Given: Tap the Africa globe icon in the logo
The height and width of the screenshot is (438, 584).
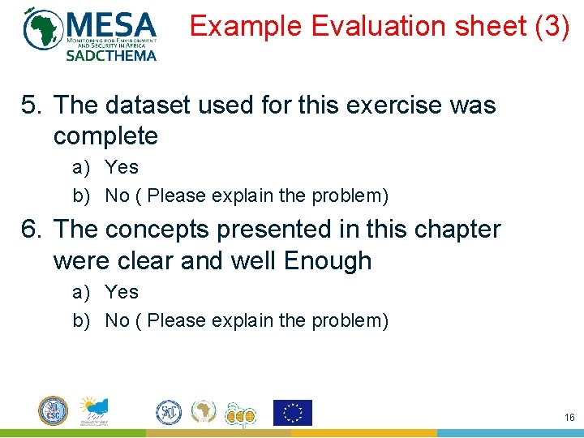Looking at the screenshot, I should click(43, 28).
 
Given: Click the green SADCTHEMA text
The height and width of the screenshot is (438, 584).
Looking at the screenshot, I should click(110, 55).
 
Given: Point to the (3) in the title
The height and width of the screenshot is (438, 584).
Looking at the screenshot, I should click(552, 27).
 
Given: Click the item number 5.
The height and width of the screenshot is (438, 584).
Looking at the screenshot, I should click(30, 105).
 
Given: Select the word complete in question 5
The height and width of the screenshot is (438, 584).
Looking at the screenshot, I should click(105, 136).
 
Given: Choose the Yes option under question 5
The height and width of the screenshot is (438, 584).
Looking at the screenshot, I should click(122, 168).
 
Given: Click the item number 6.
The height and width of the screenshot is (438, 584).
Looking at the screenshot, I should click(30, 230).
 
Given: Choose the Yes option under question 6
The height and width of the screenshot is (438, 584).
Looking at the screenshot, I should click(122, 293).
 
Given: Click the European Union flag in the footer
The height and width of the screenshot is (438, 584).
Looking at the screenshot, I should click(292, 412).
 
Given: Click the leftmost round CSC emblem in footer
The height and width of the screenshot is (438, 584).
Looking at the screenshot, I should click(54, 410).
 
